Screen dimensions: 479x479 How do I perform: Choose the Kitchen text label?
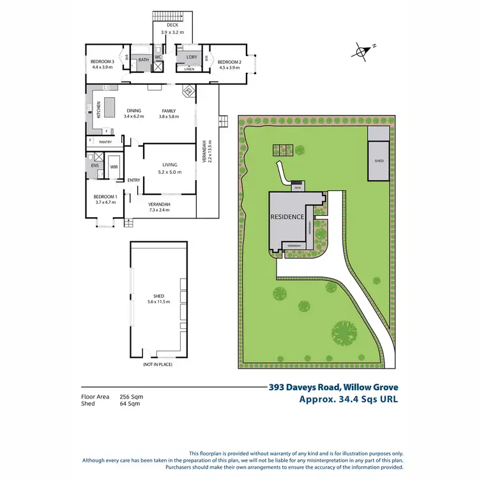pyautogui.click(x=99, y=110)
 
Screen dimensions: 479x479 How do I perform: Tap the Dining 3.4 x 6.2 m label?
pyautogui.click(x=133, y=113)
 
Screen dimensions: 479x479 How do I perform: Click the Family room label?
pyautogui.click(x=169, y=113)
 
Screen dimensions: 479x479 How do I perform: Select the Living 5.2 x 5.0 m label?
pyautogui.click(x=169, y=167)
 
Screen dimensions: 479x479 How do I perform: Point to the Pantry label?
pyautogui.click(x=105, y=142)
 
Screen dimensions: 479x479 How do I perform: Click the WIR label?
pyautogui.click(x=114, y=167)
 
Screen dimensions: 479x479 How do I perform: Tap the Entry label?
pyautogui.click(x=133, y=180)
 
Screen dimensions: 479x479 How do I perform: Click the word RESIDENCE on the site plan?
pyautogui.click(x=287, y=217)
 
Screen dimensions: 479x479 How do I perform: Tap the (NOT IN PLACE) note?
pyautogui.click(x=158, y=364)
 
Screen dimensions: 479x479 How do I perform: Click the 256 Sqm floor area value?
pyautogui.click(x=132, y=397)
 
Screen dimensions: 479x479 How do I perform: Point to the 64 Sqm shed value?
pyautogui.click(x=130, y=404)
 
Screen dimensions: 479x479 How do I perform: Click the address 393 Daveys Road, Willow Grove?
pyautogui.click(x=333, y=387)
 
